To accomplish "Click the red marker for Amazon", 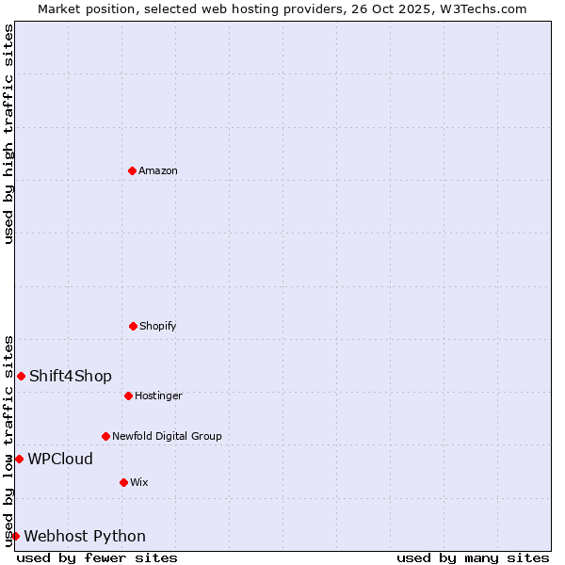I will pos(132,170).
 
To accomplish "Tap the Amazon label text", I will pos(158,171).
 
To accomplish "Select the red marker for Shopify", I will pos(133,326).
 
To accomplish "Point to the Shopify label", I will pos(158,327).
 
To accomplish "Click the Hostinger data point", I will pos(128,395).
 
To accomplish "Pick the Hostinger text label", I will pos(158,396).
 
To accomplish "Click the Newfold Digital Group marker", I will pos(105,436).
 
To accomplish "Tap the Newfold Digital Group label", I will pos(167,437).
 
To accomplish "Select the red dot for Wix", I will pos(123,482).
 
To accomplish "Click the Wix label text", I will pos(139,483).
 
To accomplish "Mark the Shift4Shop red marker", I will pos(21,376).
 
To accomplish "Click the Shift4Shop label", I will pos(71,377).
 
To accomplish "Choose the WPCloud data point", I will pos(19,459).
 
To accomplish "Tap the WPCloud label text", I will pos(60,460).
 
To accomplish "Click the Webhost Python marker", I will pos(15,536).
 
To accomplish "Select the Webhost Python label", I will pos(85,537).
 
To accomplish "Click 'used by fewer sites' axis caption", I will pos(97,557).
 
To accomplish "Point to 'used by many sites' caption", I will pos(473,557).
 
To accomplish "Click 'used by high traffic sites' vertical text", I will pos(8,134).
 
